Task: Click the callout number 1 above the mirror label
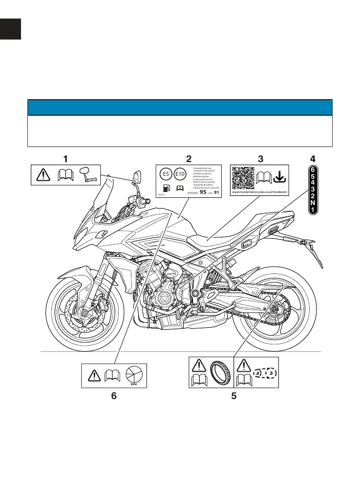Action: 65,159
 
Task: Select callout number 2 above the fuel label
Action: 189,159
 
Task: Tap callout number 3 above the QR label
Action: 260,159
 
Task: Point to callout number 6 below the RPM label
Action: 114,397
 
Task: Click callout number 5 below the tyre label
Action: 234,397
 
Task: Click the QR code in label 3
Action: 243,178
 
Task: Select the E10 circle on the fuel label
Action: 180,174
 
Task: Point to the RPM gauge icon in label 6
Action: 133,375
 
